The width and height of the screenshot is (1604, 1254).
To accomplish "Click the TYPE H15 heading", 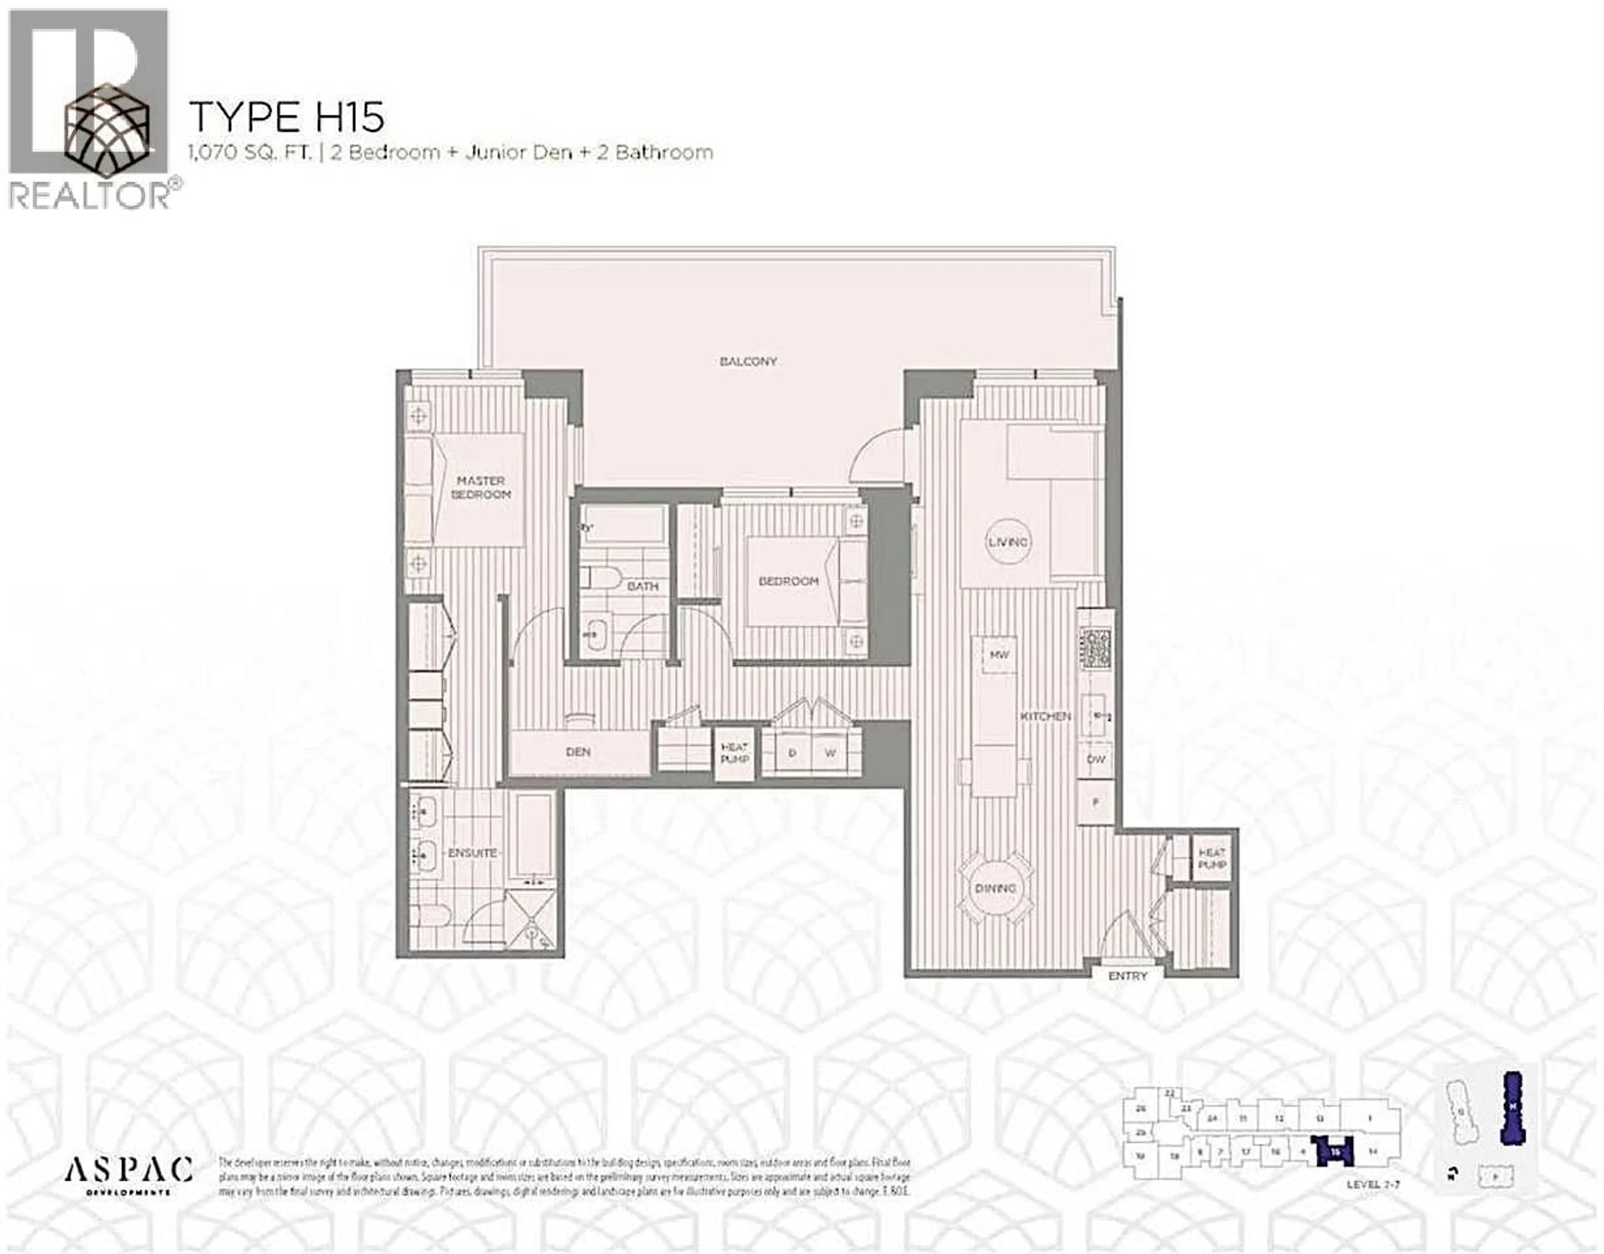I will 287,117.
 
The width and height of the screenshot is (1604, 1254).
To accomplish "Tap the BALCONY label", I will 748,361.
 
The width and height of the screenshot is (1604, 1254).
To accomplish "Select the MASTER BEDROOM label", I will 481,487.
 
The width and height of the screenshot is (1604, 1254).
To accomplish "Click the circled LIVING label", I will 1008,542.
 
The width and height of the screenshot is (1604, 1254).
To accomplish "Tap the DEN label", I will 579,752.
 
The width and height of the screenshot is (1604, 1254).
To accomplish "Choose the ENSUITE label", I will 472,853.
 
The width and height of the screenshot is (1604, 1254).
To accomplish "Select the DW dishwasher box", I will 1096,759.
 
